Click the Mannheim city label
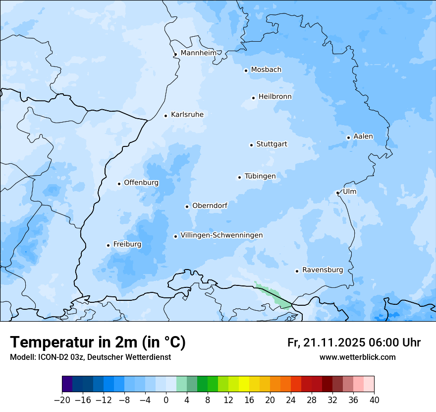(x=198, y=53)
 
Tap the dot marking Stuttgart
(x=251, y=145)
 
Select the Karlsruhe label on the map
(x=187, y=115)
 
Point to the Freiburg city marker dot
(x=108, y=245)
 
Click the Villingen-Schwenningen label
(x=221, y=235)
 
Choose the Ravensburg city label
(x=322, y=270)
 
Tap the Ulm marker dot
(x=337, y=193)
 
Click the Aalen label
(x=363, y=137)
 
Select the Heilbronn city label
(x=275, y=97)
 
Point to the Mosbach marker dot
(x=246, y=70)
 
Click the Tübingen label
(x=260, y=176)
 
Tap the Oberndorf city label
(x=210, y=206)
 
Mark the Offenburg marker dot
(x=119, y=184)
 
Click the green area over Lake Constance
(x=272, y=295)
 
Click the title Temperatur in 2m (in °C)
(x=98, y=343)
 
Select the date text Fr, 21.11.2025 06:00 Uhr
(x=354, y=343)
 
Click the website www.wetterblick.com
(x=357, y=357)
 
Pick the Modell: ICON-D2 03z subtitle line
(x=90, y=357)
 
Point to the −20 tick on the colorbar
(x=62, y=400)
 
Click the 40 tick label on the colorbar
(x=374, y=400)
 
